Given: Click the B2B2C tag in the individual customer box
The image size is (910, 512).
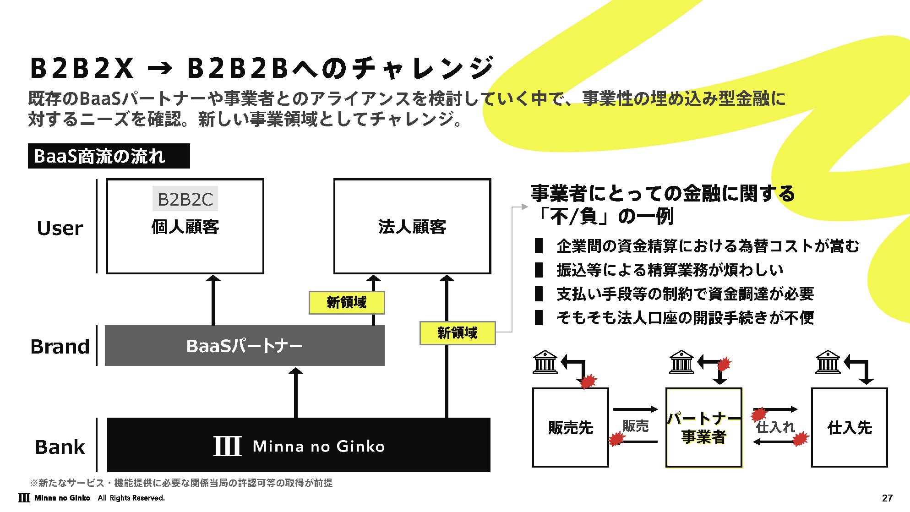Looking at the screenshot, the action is click(185, 199).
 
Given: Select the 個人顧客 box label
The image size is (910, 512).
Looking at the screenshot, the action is click(185, 227).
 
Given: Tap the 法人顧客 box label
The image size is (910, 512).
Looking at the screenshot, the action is click(412, 227).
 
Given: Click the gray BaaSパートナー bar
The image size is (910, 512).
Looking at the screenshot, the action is click(245, 346).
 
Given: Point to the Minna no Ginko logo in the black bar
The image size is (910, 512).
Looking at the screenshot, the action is click(299, 446).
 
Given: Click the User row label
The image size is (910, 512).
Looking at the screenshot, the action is click(60, 228).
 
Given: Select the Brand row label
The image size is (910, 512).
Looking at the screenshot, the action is click(60, 347).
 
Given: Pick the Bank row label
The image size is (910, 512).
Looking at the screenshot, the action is click(60, 447).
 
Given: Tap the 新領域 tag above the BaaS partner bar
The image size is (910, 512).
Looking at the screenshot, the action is click(347, 303).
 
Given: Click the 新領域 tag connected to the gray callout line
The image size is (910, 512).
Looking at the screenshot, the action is click(458, 333).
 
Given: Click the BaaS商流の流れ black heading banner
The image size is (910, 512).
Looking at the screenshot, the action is click(109, 156).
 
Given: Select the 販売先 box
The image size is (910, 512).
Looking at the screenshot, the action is click(571, 428).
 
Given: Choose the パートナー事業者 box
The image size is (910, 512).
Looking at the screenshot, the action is click(704, 428).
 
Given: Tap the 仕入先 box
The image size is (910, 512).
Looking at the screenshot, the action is click(850, 428).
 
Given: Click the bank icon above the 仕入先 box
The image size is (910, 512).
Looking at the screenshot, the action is click(828, 362).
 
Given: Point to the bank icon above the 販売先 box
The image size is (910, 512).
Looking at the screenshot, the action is click(545, 362).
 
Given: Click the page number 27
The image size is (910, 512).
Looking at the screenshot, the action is click(887, 498).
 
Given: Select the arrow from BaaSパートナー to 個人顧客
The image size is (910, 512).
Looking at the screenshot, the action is click(213, 300).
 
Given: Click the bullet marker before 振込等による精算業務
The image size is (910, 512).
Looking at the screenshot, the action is click(539, 270).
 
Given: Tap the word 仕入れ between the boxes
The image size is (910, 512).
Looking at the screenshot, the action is click(775, 427).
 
